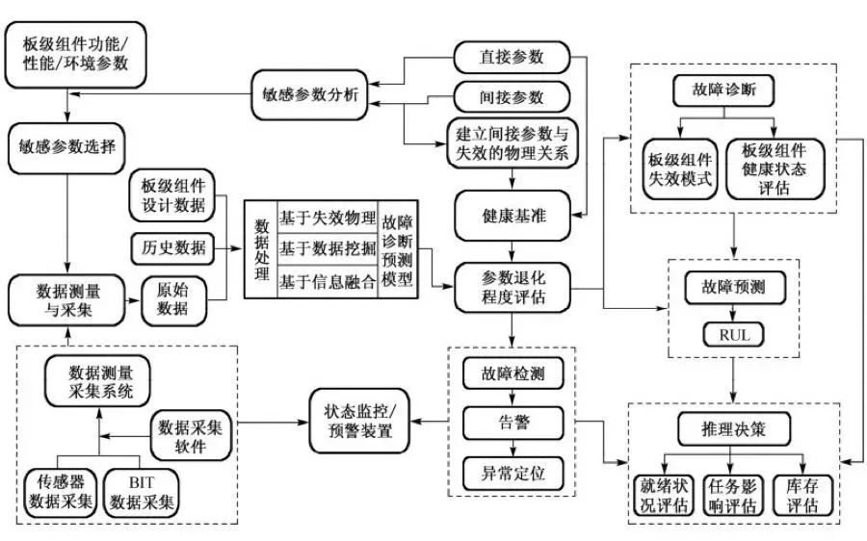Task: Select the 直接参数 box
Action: coord(512,57)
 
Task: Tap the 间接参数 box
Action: coord(512,97)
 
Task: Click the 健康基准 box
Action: coord(512,216)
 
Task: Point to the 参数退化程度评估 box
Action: coord(512,287)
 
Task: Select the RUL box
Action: coord(734,335)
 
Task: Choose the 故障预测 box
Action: coord(734,287)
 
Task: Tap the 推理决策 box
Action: coord(734,428)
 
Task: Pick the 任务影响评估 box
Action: coord(734,494)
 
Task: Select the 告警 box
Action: coord(512,422)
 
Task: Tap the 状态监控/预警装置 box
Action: coord(358,421)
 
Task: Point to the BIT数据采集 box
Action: coord(142,492)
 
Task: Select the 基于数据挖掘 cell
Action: coord(327,248)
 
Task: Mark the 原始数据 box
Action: coord(175,299)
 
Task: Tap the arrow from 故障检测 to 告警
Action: coord(512,397)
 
